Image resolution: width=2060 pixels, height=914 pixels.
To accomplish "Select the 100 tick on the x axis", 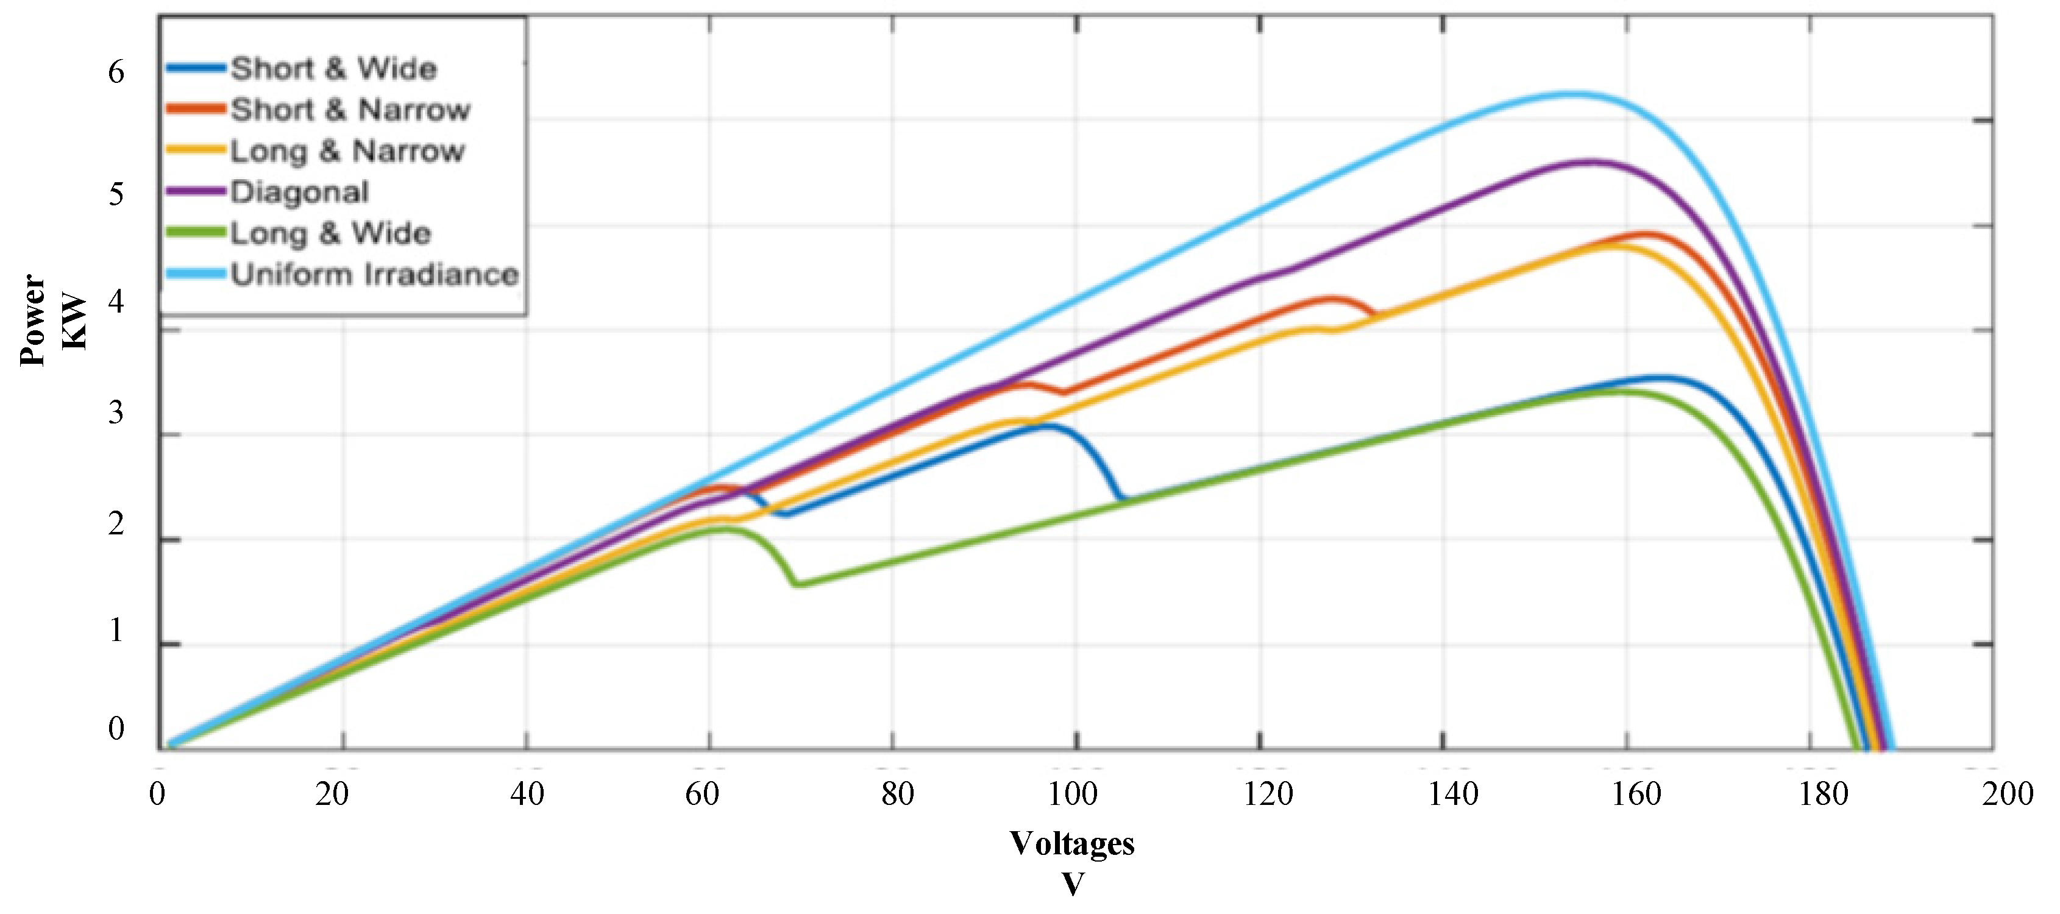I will pyautogui.click(x=1074, y=793).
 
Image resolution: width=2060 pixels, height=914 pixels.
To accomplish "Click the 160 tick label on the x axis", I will pyautogui.click(x=1636, y=793).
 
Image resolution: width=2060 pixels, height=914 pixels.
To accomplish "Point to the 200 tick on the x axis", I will pyautogui.click(x=2007, y=793).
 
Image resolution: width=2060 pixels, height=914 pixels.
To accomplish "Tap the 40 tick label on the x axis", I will pyautogui.click(x=527, y=793).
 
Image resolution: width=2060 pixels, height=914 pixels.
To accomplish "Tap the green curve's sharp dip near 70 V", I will pyautogui.click(x=797, y=584).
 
